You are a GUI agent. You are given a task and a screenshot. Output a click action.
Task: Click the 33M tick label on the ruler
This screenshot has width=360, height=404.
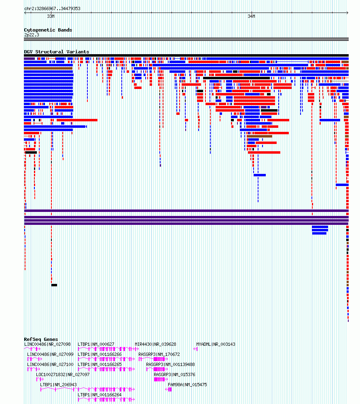[51, 16]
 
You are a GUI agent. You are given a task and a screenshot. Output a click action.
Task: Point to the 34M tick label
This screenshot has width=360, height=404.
[251, 16]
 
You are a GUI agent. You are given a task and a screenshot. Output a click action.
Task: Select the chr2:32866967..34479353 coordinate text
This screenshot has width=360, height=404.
[52, 8]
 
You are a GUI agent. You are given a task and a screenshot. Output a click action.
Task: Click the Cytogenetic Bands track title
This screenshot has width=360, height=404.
[48, 30]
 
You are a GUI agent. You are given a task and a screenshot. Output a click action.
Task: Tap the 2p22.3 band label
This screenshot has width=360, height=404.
[32, 35]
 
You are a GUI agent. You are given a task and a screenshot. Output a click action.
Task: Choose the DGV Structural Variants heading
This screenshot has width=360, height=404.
[57, 52]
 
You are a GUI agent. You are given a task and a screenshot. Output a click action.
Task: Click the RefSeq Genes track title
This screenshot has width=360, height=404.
[41, 339]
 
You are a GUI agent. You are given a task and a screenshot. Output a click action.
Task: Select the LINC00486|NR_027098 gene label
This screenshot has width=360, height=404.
[47, 344]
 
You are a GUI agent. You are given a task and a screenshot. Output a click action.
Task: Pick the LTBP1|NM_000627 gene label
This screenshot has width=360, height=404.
[96, 344]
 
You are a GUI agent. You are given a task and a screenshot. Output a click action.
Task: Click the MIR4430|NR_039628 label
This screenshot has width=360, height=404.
[155, 344]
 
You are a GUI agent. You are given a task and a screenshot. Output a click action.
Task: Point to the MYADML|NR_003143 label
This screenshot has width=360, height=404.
[216, 344]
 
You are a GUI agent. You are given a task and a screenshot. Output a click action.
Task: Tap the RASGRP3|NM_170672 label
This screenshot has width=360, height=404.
[159, 354]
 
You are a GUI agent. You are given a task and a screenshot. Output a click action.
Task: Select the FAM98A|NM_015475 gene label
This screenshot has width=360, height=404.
[187, 385]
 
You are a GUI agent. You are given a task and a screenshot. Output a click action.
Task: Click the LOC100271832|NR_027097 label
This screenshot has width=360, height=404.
[63, 374]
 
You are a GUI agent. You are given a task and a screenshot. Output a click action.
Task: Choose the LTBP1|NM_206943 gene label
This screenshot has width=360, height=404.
[58, 385]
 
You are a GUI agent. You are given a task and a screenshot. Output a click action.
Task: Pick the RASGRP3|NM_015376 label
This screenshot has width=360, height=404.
[174, 374]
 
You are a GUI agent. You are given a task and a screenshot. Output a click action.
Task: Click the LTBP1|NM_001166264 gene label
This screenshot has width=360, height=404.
[100, 395]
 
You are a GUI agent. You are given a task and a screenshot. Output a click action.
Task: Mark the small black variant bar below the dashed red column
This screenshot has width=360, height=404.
[54, 285]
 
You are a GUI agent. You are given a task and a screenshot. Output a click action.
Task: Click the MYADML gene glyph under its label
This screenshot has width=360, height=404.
[196, 349]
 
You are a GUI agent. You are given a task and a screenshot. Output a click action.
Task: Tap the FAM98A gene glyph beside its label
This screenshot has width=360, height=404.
[169, 389]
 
